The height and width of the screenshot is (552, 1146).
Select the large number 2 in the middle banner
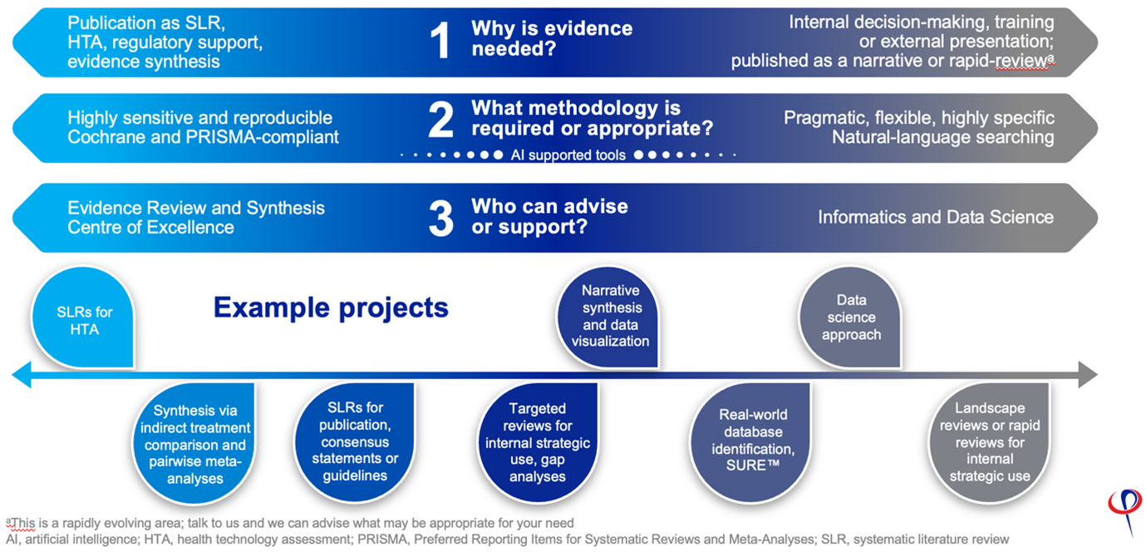pyautogui.click(x=441, y=121)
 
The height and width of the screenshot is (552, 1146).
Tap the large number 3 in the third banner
pyautogui.click(x=441, y=218)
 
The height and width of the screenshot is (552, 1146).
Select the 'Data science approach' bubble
pyautogui.click(x=851, y=318)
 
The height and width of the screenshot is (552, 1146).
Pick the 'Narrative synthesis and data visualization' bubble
pyautogui.click(x=610, y=317)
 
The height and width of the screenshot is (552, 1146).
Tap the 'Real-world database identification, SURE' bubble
pyautogui.click(x=741, y=441)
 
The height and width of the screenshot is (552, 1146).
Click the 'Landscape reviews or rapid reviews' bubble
pyautogui.click(x=989, y=441)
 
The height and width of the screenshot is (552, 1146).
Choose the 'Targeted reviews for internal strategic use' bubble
pyautogui.click(x=538, y=441)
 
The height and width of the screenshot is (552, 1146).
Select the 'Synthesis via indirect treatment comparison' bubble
pyautogui.click(x=194, y=444)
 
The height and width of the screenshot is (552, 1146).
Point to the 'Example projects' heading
pyautogui.click(x=331, y=308)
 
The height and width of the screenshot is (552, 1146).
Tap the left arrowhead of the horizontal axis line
pyautogui.click(x=20, y=376)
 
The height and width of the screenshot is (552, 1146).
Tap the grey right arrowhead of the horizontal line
pyautogui.click(x=1088, y=376)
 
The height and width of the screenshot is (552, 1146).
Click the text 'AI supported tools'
pyautogui.click(x=568, y=155)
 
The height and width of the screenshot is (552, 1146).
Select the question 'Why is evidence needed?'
pyautogui.click(x=552, y=39)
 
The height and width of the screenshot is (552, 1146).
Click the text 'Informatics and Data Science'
pyautogui.click(x=935, y=217)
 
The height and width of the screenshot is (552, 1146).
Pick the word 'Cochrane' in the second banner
pyautogui.click(x=106, y=137)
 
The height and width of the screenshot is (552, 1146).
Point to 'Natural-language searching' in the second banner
pyautogui.click(x=942, y=137)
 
